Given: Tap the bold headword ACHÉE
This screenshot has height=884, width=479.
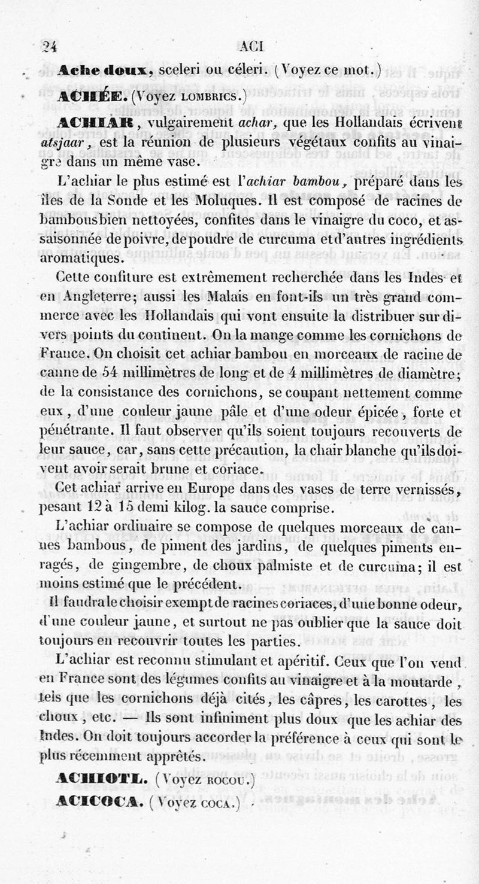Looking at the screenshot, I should (x=92, y=96).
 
